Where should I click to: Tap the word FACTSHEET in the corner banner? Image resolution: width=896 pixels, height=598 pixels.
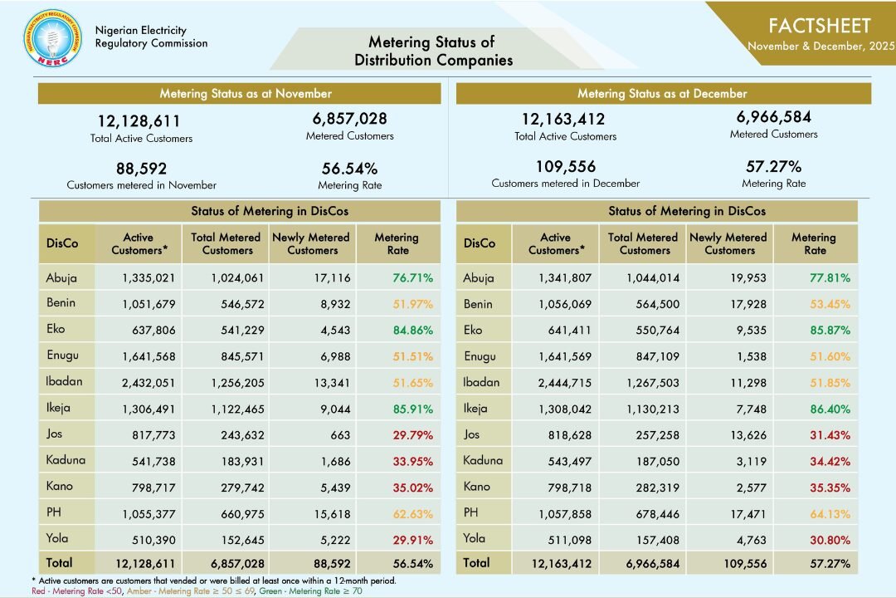click(819, 26)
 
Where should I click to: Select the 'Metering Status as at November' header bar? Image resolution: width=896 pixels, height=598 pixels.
click(246, 94)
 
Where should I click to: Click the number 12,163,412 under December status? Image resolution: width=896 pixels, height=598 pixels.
click(563, 120)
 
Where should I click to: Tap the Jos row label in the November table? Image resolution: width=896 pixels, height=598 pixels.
click(54, 434)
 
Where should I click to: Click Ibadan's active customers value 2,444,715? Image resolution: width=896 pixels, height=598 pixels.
click(561, 382)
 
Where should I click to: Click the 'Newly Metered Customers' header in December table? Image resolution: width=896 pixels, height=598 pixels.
click(730, 243)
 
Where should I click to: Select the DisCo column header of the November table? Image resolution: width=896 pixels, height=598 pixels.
click(62, 243)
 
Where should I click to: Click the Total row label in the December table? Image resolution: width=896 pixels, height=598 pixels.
click(476, 563)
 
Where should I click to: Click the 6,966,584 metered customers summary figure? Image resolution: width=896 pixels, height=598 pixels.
click(773, 117)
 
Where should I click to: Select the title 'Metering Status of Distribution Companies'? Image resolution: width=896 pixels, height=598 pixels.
click(432, 51)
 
